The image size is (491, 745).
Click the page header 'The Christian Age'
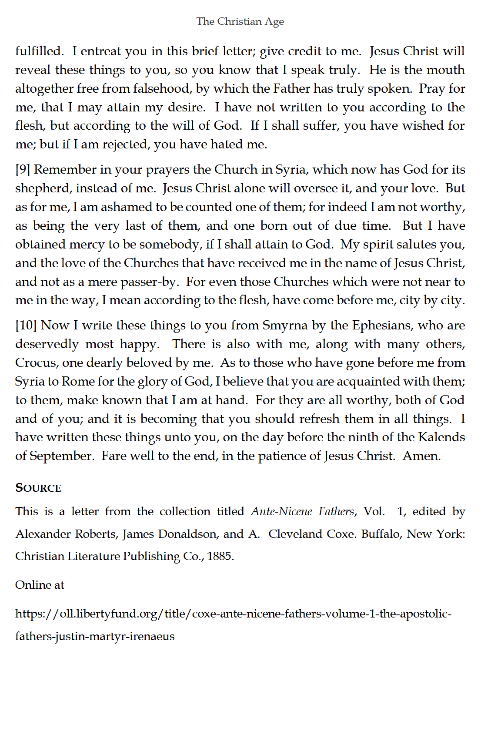[x=240, y=21]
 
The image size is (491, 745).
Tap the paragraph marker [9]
[x=23, y=169]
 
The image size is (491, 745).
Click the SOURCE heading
[x=38, y=488]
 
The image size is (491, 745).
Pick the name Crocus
[x=36, y=362]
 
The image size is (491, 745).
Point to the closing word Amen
[x=421, y=456]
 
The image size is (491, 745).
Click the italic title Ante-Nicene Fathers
[x=303, y=511]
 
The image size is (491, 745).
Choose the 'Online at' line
[x=40, y=585]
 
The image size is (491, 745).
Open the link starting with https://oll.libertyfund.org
[x=233, y=614]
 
